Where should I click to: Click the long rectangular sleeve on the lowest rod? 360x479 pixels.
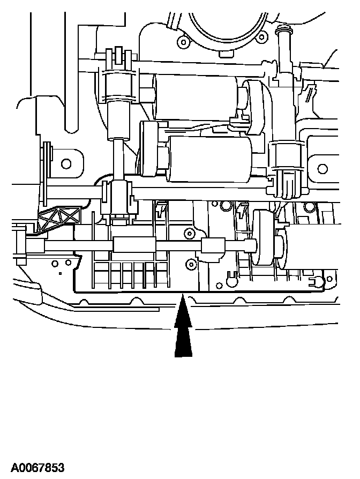tap(134, 245)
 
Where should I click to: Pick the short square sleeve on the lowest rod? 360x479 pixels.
tap(212, 246)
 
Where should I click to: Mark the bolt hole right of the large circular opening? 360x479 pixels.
tap(261, 37)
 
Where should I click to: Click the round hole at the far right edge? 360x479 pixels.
tap(322, 169)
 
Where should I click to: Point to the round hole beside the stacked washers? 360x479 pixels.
tap(67, 162)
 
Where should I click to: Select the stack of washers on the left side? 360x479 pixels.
tap(48, 161)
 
